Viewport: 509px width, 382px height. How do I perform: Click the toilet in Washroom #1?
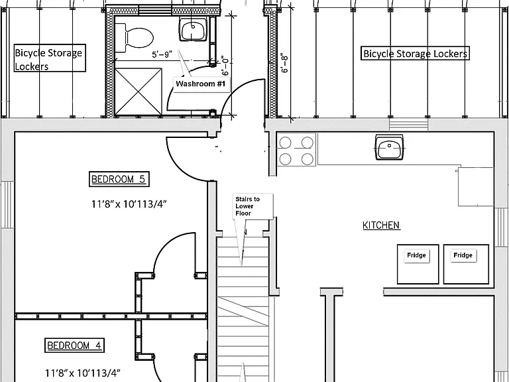point(135,38)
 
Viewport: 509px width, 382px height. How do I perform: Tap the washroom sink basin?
point(193,29)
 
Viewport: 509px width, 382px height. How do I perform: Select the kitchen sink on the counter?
point(389,147)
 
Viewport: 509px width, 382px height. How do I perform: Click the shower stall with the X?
point(139,92)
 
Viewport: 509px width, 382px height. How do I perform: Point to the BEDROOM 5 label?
point(119,179)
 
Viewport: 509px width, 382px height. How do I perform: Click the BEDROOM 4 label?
point(74,345)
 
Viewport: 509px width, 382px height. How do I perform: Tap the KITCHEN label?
point(382,225)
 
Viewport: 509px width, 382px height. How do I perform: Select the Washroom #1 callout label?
point(201,84)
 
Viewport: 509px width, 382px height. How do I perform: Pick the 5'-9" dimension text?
point(162,54)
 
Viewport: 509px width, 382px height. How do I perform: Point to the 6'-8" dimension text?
point(284,63)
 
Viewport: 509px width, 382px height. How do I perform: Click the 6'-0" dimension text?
point(225,65)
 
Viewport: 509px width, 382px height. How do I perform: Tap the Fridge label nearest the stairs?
point(416,255)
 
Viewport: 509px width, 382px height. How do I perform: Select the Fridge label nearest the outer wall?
point(463,255)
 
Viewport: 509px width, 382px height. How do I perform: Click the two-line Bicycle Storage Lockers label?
point(49,58)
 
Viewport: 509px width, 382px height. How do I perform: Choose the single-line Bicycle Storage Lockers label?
point(415,53)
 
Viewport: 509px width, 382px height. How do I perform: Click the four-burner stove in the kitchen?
point(296,150)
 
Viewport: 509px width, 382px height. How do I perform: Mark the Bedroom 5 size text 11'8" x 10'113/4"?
point(129,204)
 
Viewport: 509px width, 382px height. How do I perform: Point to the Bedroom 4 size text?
point(82,373)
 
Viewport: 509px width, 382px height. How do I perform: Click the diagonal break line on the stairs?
point(243,311)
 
